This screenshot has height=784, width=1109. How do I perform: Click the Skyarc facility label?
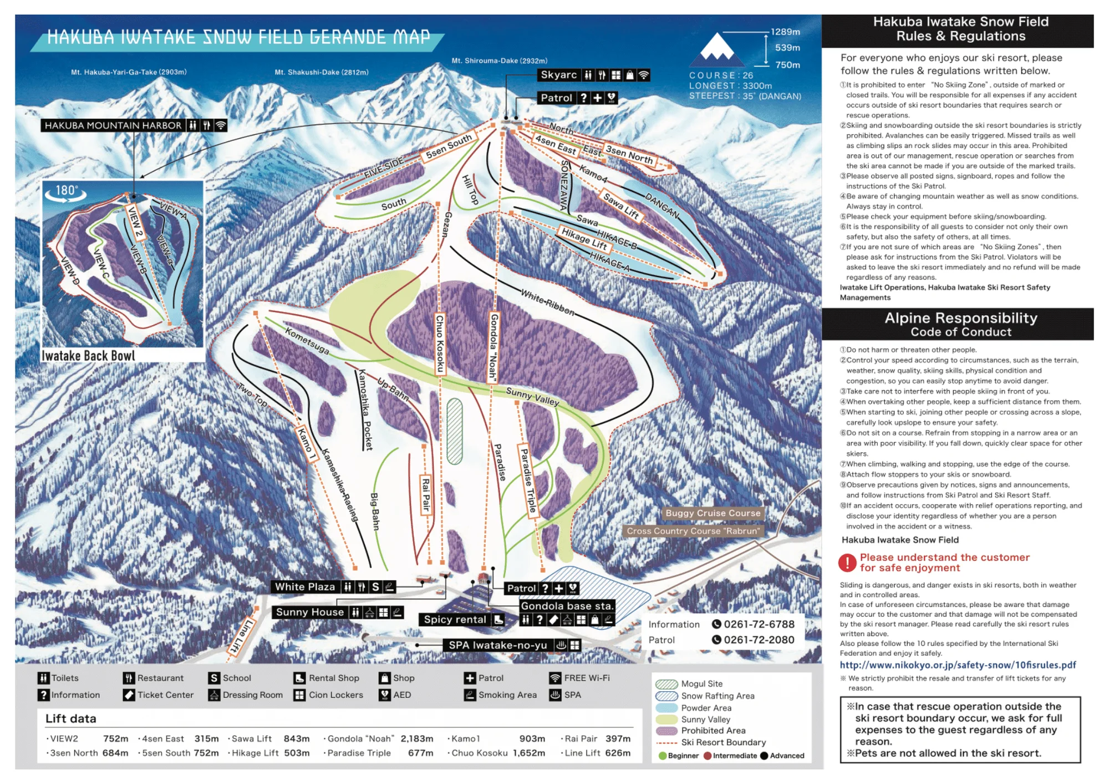point(559,75)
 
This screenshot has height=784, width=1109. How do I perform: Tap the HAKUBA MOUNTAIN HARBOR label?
point(113,125)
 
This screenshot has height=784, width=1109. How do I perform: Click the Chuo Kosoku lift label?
point(440,344)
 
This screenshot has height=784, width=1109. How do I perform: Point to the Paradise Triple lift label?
point(528,480)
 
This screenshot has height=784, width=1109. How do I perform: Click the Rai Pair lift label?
point(426,494)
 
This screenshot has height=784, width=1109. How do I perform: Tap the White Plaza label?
point(305,587)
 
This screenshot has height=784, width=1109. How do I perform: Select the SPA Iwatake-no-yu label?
point(497,645)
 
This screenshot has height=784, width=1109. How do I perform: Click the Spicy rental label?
point(455,620)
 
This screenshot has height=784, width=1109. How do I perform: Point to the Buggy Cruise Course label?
point(713,513)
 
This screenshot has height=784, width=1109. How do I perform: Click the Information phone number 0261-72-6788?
point(759,624)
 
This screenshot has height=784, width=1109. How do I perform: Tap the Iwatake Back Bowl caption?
point(89,356)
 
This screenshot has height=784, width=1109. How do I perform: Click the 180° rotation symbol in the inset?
point(66,192)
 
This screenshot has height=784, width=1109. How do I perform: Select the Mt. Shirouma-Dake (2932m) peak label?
point(499,60)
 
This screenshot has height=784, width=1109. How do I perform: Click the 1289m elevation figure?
point(785,32)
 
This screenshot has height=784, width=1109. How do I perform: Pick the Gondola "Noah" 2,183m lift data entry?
point(380,739)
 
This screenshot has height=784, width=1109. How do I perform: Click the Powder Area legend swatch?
point(667,708)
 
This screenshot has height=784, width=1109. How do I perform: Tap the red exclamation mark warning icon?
point(847,563)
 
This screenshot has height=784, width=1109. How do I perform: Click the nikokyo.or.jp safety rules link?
point(958,665)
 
